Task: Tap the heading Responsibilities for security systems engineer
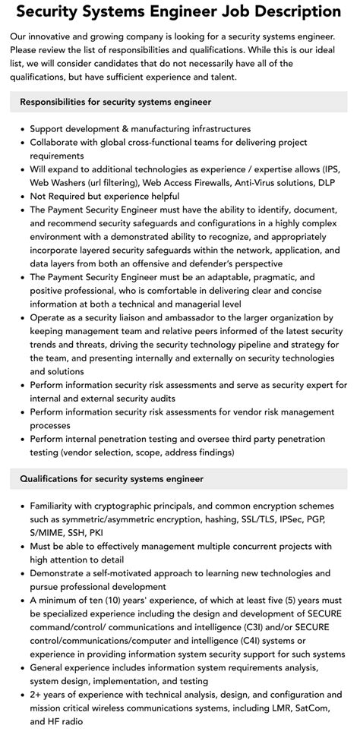115,102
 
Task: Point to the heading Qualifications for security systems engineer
112,479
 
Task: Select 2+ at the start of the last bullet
37,695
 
